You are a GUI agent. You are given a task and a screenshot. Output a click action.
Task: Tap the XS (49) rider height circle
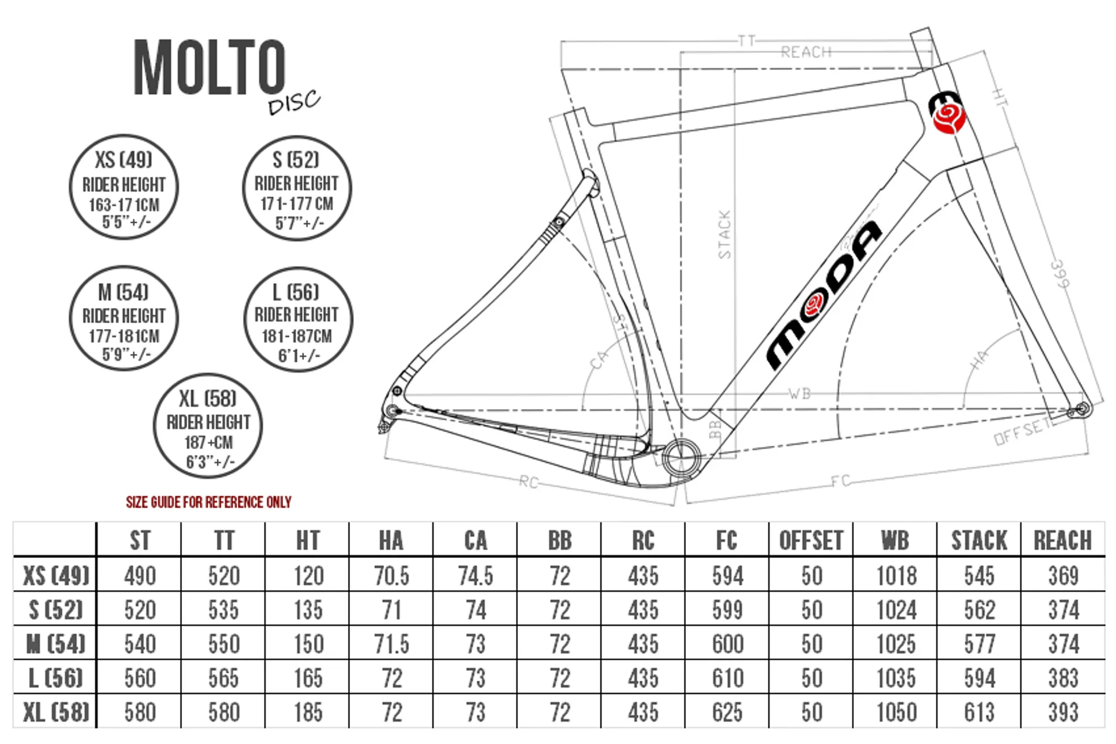[124, 187]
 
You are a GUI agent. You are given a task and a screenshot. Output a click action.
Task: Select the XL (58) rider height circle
[208, 426]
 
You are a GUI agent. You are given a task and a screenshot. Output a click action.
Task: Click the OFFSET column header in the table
[811, 541]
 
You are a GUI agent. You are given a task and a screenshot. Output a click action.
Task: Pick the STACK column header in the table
[979, 541]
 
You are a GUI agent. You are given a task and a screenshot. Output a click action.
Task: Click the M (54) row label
[56, 643]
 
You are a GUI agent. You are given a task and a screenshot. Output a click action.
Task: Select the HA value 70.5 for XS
[392, 575]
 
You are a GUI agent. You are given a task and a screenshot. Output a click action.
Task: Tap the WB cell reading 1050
[896, 712]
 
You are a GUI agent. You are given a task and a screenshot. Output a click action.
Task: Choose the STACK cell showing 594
[979, 678]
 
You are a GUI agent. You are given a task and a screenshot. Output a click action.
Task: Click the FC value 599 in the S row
[728, 610]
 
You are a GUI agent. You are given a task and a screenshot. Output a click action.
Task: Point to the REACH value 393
[1063, 712]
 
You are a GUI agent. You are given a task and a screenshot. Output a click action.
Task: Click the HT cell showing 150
[308, 643]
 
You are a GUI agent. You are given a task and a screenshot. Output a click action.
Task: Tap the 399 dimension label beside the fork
[1060, 274]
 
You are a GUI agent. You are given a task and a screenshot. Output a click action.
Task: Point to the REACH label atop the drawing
[806, 52]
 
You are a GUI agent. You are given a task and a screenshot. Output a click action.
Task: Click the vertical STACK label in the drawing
[724, 234]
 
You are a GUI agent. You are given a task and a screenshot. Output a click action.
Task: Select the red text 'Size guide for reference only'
[209, 502]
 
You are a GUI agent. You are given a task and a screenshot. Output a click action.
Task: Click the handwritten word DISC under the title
[294, 102]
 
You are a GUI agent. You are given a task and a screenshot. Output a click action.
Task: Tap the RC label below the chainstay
[528, 482]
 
